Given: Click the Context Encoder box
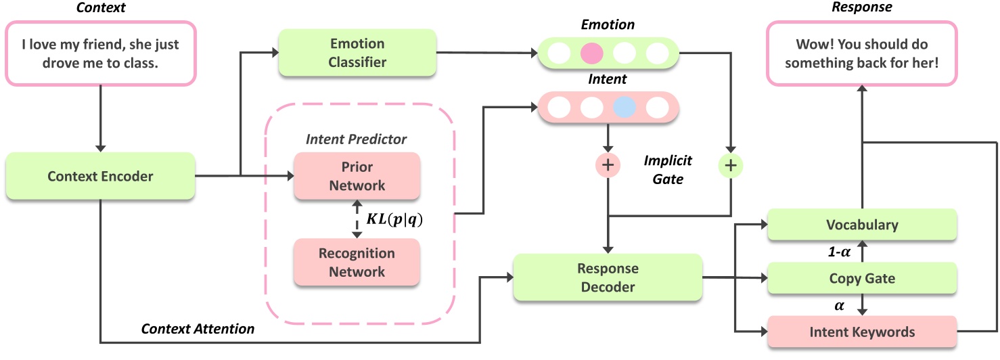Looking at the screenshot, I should click(100, 177).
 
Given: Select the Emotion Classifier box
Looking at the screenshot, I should click(358, 53).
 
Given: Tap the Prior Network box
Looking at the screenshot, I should click(357, 176).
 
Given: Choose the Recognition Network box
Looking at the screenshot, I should click(357, 263).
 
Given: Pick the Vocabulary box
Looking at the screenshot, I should click(861, 225).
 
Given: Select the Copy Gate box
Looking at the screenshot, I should click(861, 279).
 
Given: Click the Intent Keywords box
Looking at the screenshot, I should click(861, 332).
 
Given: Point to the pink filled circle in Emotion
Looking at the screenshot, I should click(591, 53).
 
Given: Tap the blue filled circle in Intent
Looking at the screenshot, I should click(624, 107).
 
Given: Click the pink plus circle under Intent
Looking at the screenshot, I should click(608, 164).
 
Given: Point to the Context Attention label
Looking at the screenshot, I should click(198, 330).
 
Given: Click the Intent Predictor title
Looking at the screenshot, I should click(356, 139).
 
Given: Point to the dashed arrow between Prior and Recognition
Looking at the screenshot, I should click(357, 219).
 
